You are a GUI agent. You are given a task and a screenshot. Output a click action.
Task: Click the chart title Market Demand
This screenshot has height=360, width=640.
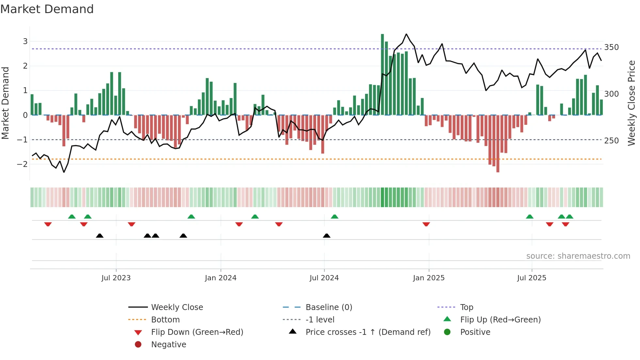[x=47, y=9]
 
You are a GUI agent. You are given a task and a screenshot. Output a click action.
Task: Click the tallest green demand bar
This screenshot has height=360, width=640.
[x=382, y=74]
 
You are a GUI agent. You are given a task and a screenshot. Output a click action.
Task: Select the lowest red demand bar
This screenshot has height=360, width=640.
[x=498, y=144]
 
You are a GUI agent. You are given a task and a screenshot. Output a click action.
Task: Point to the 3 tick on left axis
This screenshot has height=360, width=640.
[x=25, y=41]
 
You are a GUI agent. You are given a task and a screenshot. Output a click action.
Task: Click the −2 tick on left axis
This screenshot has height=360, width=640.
[x=22, y=164]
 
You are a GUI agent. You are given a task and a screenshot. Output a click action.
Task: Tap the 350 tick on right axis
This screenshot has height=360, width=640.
[x=611, y=47]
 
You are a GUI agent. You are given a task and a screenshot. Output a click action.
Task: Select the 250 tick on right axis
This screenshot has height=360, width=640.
[x=611, y=141]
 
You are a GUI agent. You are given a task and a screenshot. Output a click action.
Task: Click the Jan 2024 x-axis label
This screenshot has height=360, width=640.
[x=220, y=278]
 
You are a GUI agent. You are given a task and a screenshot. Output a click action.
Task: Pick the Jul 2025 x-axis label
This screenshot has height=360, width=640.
[x=532, y=278]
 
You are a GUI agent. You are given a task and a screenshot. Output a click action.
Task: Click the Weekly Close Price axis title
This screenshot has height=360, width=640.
[x=632, y=103]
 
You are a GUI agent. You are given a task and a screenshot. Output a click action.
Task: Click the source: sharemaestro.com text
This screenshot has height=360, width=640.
[x=578, y=256]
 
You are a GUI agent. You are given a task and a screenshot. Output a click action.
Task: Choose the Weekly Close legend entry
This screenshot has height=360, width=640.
[x=177, y=307]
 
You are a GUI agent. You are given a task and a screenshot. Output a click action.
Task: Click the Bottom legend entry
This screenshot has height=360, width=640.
[x=165, y=320]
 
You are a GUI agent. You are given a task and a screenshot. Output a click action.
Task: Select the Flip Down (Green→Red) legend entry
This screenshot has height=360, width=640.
[x=197, y=332]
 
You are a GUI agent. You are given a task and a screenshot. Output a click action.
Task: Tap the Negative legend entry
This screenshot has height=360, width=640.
[x=168, y=345]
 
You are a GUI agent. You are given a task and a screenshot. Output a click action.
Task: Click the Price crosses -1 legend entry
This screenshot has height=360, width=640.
[x=368, y=332]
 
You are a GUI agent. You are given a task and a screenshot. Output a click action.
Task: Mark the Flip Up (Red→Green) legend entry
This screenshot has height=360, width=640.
[x=500, y=320]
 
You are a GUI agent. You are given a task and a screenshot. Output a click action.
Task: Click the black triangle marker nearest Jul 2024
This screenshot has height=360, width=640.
[x=327, y=236]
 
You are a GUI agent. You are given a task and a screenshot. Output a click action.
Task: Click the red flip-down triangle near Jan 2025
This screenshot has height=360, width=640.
[x=426, y=224]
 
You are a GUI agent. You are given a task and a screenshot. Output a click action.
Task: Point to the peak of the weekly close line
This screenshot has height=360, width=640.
[x=406, y=34]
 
